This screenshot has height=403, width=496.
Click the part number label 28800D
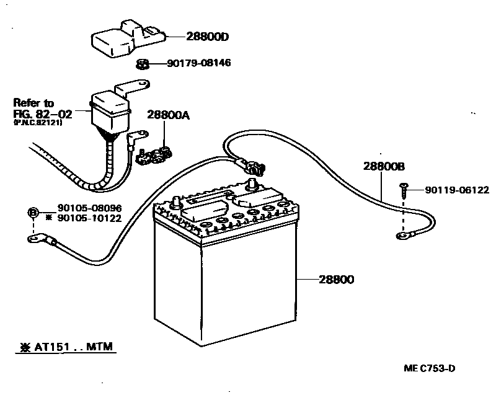pyautogui.click(x=208, y=37)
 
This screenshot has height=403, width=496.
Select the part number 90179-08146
pyautogui.click(x=199, y=63)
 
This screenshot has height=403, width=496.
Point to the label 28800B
pyautogui.click(x=384, y=166)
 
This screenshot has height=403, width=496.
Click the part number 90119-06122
pyautogui.click(x=457, y=190)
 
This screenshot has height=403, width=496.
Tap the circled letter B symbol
pyautogui.click(x=33, y=213)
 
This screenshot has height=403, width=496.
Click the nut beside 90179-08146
pyautogui.click(x=141, y=63)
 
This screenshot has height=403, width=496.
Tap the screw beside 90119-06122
pyautogui.click(x=404, y=189)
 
